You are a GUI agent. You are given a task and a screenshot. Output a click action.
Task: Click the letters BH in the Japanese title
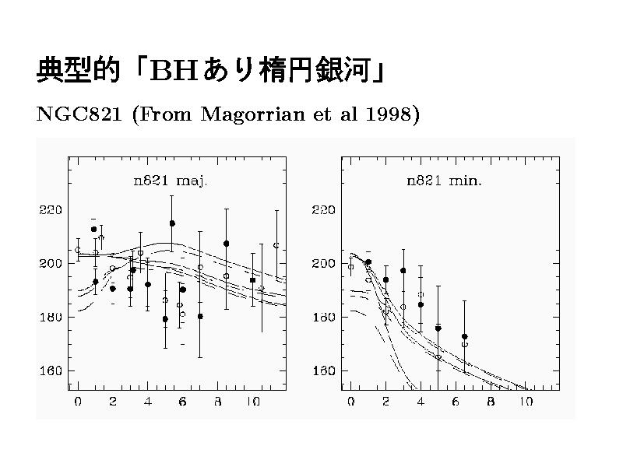click(x=172, y=71)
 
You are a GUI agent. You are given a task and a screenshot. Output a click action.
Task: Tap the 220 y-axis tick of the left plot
click(x=52, y=210)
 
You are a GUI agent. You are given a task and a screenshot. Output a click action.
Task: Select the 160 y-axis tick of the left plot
click(x=52, y=371)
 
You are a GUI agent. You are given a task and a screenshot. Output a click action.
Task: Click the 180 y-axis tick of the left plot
click(x=52, y=318)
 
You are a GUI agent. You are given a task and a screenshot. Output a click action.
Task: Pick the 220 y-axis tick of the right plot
click(x=324, y=210)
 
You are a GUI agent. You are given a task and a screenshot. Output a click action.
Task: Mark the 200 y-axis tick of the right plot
click(x=324, y=264)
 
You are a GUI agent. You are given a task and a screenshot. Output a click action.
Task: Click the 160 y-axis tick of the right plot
click(x=324, y=371)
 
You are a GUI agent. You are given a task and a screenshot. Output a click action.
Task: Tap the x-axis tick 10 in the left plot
click(x=252, y=402)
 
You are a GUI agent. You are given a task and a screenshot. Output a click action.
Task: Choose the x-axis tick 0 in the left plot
click(x=77, y=402)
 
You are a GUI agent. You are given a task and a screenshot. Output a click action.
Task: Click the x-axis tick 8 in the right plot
click(x=491, y=402)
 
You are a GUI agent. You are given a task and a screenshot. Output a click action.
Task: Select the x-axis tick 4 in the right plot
click(x=421, y=402)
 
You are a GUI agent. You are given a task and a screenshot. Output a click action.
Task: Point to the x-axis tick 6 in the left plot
click(x=182, y=402)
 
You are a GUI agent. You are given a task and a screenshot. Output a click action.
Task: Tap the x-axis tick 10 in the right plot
click(x=526, y=402)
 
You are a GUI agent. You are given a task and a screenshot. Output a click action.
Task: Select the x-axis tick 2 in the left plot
click(x=112, y=402)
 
